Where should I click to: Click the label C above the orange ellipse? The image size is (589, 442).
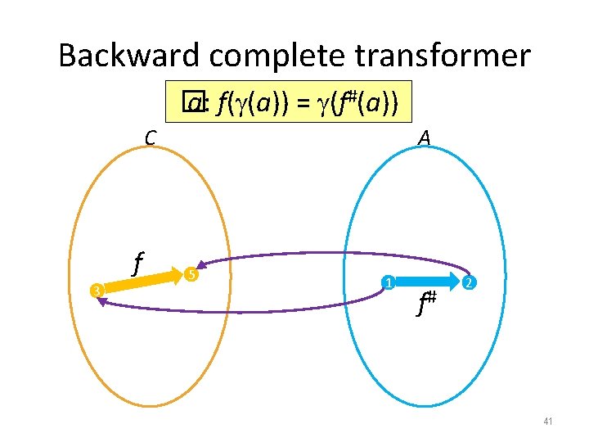(x=150, y=138)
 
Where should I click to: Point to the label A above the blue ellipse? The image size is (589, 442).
(x=424, y=138)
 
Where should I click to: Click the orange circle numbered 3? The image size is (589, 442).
(x=96, y=290)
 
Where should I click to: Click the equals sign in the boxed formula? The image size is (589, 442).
(x=300, y=104)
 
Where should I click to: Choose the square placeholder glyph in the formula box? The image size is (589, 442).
(x=191, y=102)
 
